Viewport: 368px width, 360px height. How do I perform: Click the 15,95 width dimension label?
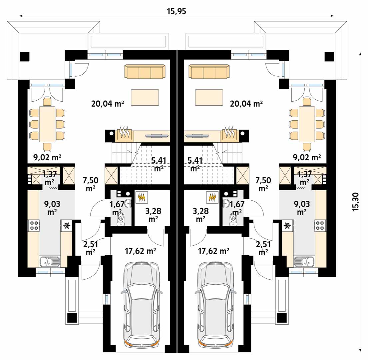coord(177,11)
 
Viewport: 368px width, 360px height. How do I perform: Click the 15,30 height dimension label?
coord(356,202)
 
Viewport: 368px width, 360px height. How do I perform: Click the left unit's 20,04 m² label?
coord(108,104)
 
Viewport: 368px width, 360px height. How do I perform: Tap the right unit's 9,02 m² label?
coord(307,157)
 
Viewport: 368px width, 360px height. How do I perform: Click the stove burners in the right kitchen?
coord(320,225)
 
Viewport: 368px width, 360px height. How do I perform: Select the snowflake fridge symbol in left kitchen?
coord(67,226)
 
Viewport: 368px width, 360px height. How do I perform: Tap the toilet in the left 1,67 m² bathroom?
coord(121,219)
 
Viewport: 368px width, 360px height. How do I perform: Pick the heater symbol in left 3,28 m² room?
coord(142,197)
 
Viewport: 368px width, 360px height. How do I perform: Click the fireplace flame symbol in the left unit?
coord(124,133)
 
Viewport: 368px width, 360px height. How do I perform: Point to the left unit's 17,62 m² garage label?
coord(140,251)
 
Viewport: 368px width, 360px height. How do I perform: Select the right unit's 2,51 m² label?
coord(263,248)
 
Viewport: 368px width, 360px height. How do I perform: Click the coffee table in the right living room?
coord(209,97)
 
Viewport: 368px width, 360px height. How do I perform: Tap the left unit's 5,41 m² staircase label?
coord(159,164)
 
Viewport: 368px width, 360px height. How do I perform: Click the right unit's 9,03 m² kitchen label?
coord(302,208)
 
